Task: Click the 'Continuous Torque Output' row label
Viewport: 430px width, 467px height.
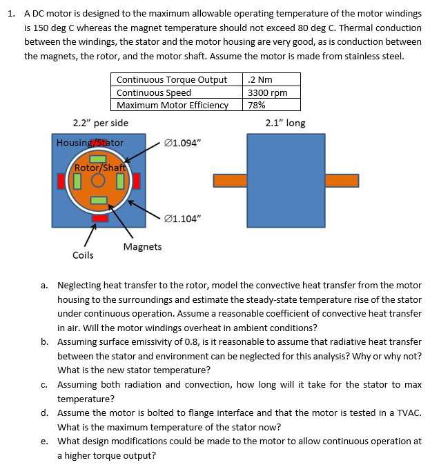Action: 172,80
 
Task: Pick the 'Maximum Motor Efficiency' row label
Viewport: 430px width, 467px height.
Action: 173,105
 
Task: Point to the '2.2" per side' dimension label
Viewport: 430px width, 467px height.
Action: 100,123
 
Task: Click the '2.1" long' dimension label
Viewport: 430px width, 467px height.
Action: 285,123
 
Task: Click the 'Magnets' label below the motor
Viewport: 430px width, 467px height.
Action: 142,246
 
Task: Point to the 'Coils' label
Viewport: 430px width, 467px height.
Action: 84,255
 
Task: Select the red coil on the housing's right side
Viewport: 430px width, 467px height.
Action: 137,181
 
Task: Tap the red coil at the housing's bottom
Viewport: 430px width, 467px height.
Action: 100,219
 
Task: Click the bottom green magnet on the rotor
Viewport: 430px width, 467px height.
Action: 99,201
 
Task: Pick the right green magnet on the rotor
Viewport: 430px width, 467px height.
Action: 119,181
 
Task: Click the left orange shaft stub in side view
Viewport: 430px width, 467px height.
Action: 230,181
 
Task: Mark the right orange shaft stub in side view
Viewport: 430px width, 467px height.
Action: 342,181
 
